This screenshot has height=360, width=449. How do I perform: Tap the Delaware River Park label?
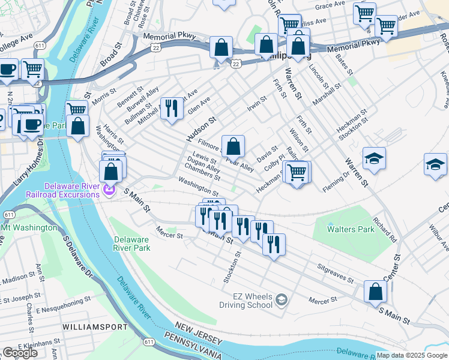pos(131,243)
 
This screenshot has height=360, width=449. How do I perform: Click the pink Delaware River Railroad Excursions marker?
pos(109,191)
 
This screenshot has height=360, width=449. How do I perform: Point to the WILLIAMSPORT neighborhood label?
pos(94,327)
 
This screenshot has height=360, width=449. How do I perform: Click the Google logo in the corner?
pos(20,353)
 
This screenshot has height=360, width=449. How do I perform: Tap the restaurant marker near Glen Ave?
pos(172,108)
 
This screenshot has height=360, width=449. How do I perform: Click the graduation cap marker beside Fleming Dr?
pos(374,158)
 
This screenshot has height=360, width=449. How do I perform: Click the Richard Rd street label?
pos(384,229)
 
